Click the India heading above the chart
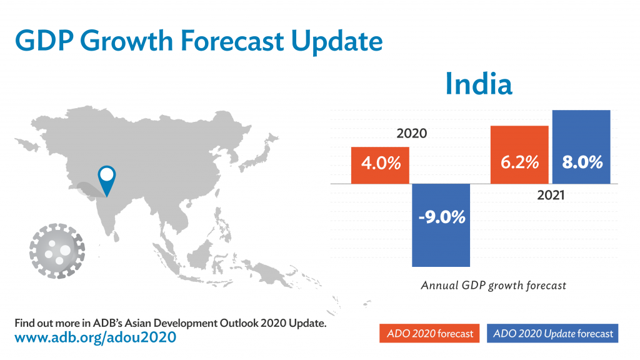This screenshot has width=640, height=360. [x=479, y=84]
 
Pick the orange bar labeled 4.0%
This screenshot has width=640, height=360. [x=380, y=165]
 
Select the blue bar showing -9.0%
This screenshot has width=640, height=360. [x=441, y=226]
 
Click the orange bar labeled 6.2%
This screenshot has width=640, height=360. [x=519, y=155]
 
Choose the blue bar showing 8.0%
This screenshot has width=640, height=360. [x=581, y=147]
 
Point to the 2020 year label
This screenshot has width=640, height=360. [x=411, y=134]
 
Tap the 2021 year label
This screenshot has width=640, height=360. [x=551, y=196]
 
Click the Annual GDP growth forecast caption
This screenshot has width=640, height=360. [x=493, y=286]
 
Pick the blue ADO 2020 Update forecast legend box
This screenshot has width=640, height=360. [x=552, y=334]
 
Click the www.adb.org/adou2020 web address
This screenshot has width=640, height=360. [x=95, y=338]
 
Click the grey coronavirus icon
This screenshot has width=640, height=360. [x=57, y=251]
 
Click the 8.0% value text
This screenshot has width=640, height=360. [x=581, y=162]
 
